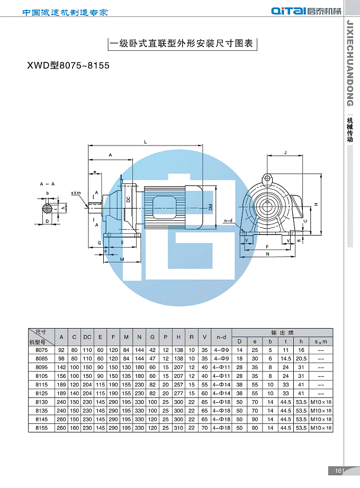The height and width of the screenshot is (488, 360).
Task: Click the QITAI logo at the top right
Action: [306, 11]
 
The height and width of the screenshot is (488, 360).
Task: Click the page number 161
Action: [339, 471]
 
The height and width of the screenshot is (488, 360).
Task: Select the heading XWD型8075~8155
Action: [68, 65]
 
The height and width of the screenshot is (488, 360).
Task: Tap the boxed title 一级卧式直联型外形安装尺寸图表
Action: [182, 43]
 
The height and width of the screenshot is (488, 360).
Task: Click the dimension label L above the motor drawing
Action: [146, 142]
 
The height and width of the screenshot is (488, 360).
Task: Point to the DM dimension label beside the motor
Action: [211, 207]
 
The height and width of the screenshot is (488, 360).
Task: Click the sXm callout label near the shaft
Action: [76, 193]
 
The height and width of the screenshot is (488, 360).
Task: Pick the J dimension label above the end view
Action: [285, 152]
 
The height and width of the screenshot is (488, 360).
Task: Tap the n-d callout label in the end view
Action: [228, 221]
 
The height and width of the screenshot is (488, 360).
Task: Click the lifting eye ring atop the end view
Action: [267, 179]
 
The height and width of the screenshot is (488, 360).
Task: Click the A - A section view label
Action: [47, 184]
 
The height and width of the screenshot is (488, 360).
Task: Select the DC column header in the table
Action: [87, 337]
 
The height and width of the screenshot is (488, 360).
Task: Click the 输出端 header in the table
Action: [282, 333]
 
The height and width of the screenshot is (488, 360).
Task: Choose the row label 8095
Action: [41, 367]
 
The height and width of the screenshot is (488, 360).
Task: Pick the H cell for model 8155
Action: [178, 428]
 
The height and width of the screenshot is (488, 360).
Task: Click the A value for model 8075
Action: [61, 350]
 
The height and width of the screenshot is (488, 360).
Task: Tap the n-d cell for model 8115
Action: [221, 385]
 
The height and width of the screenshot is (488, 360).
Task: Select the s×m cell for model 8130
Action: [321, 402]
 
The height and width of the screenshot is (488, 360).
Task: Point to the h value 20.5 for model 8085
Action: [301, 358]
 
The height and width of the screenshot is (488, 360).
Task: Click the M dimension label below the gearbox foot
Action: [122, 259]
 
